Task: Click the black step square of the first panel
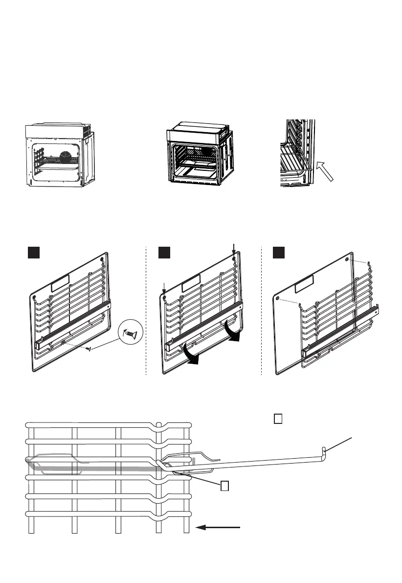point(33,252)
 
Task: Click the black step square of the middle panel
point(164,252)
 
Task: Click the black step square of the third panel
point(279,252)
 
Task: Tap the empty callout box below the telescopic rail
point(224,486)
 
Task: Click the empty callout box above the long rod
point(278,420)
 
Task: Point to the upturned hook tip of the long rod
point(325,449)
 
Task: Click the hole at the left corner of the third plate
point(278,297)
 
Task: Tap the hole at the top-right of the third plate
point(347,258)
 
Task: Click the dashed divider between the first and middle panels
point(147,313)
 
